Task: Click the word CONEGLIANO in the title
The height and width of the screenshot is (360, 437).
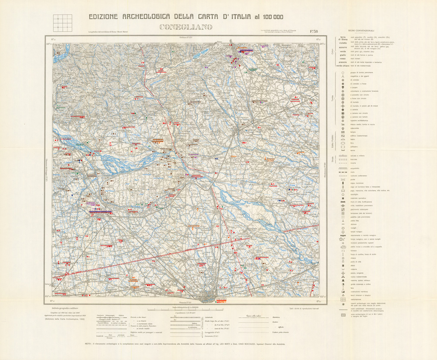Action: coord(186,27)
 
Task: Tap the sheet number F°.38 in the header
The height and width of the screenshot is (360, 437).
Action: coord(313,31)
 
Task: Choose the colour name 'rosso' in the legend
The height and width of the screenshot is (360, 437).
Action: coord(343,58)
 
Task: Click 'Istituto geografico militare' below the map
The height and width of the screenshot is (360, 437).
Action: coord(64,308)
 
